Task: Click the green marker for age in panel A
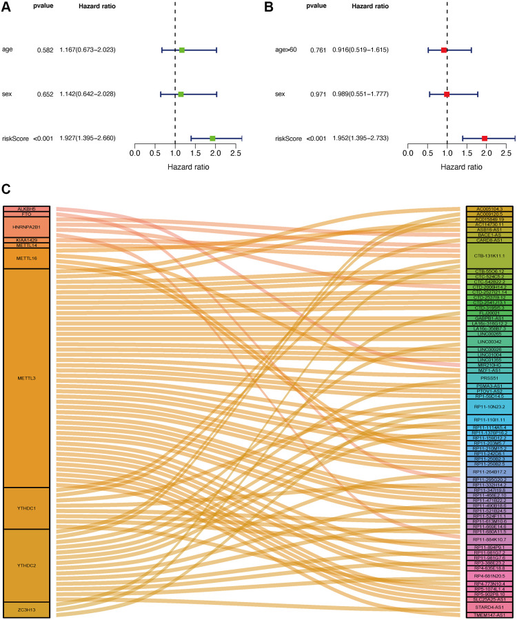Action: click(x=182, y=50)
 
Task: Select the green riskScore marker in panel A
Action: click(x=212, y=139)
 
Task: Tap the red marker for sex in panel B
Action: click(x=447, y=94)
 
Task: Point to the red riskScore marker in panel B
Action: click(x=485, y=139)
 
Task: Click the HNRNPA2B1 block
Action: click(x=26, y=226)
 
